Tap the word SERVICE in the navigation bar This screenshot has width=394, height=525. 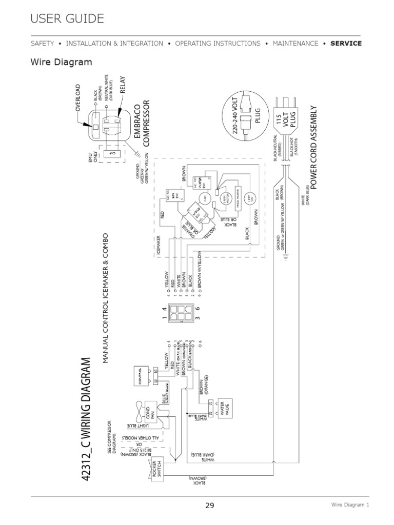tap(346, 44)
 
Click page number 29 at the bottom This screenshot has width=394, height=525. tap(209, 506)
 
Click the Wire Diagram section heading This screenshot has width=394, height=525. tap(62, 63)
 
